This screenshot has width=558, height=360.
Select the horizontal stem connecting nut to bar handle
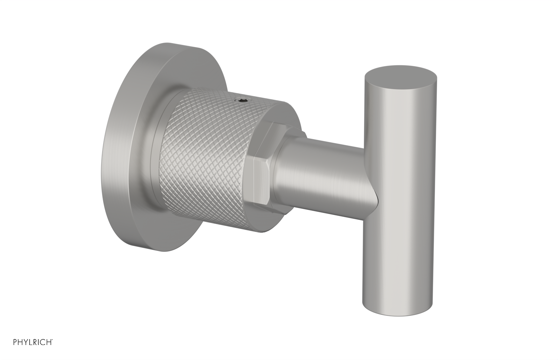tap(324, 164)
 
